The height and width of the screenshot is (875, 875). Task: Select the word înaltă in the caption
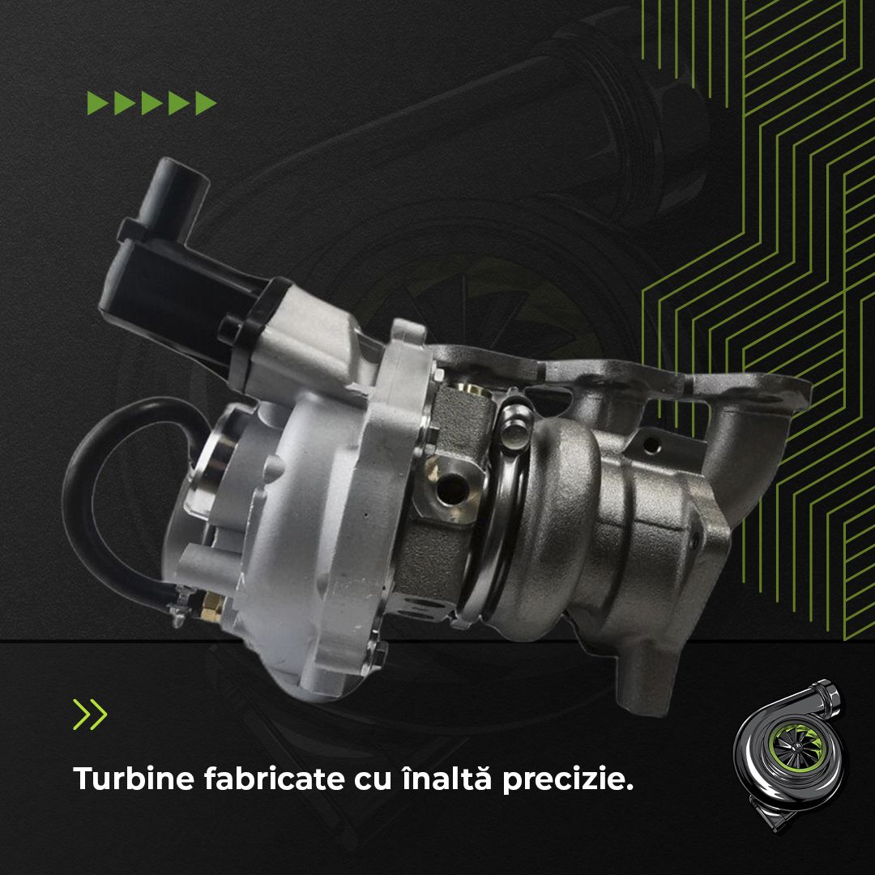click(436, 779)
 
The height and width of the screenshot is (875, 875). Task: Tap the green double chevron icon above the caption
click(90, 713)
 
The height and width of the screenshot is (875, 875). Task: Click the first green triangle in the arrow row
click(98, 104)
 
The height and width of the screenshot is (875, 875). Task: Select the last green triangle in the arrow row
click(206, 104)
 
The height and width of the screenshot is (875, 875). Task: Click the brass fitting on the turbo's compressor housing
click(212, 601)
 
